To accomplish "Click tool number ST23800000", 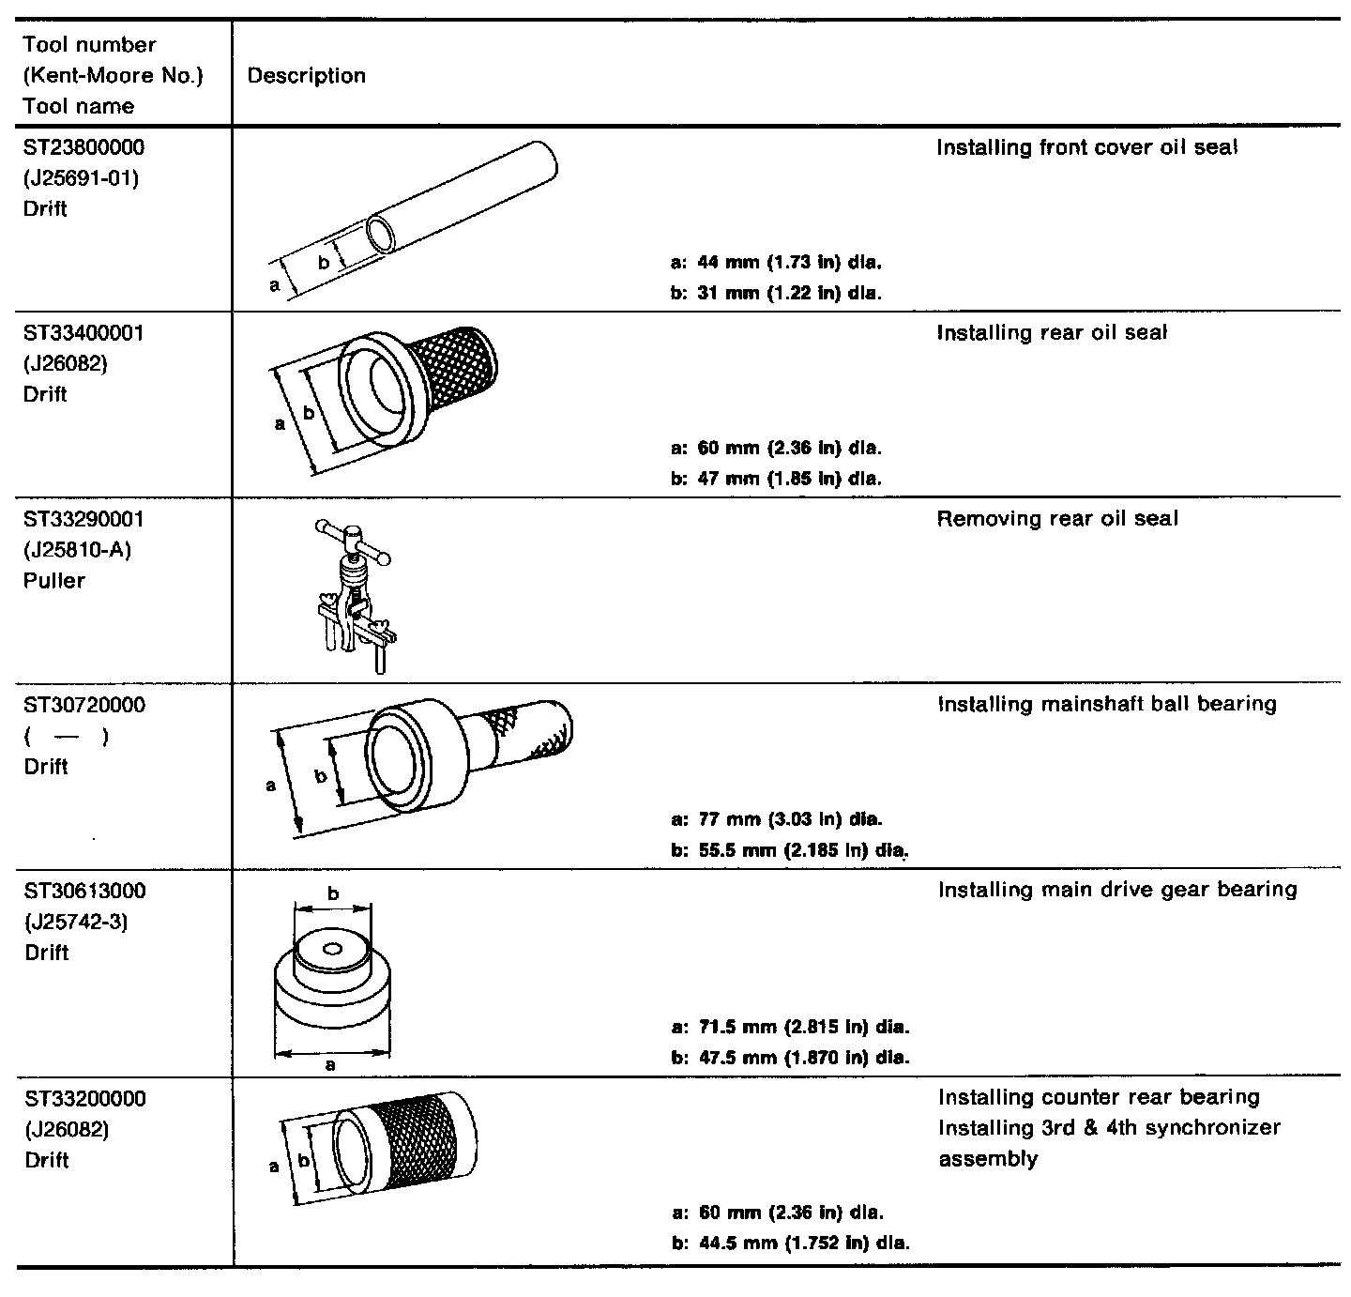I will point(84,147).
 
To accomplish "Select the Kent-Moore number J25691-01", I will point(81,177).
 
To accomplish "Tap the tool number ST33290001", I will point(84,519).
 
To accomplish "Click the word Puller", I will point(54,581).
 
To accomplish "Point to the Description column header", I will point(307,76).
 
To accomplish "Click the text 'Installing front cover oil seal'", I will point(1087,147).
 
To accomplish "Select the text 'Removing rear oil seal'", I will point(1057,519).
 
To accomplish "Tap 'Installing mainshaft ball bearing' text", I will point(1107,704).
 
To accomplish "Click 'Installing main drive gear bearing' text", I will point(1117,890).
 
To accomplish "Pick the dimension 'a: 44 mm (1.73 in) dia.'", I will point(777,262).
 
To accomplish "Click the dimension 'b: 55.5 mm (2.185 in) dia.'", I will point(791,851).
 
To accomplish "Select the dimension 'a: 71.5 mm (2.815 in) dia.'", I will point(791,1027).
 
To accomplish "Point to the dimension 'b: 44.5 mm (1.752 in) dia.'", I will point(791,1244).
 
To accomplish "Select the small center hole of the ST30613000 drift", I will point(331,949).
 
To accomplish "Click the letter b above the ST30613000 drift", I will point(333,893).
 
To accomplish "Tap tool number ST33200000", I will point(84,1098).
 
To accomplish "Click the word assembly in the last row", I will point(988,1159).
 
